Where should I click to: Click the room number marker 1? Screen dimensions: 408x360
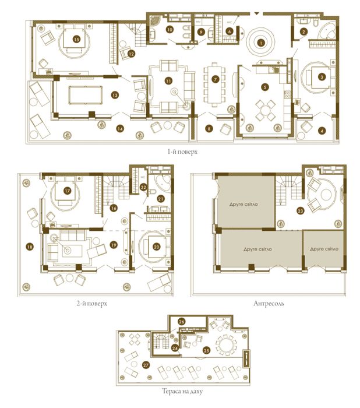click(x=262, y=43)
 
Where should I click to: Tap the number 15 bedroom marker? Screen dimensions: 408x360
click(x=76, y=40)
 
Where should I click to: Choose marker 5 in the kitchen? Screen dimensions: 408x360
click(x=264, y=87)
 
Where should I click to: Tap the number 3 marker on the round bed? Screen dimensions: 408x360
click(x=321, y=77)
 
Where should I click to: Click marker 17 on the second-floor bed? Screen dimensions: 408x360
click(x=68, y=191)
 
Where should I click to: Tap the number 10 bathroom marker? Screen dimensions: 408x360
click(x=170, y=29)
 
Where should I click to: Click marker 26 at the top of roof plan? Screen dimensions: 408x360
click(x=181, y=322)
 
